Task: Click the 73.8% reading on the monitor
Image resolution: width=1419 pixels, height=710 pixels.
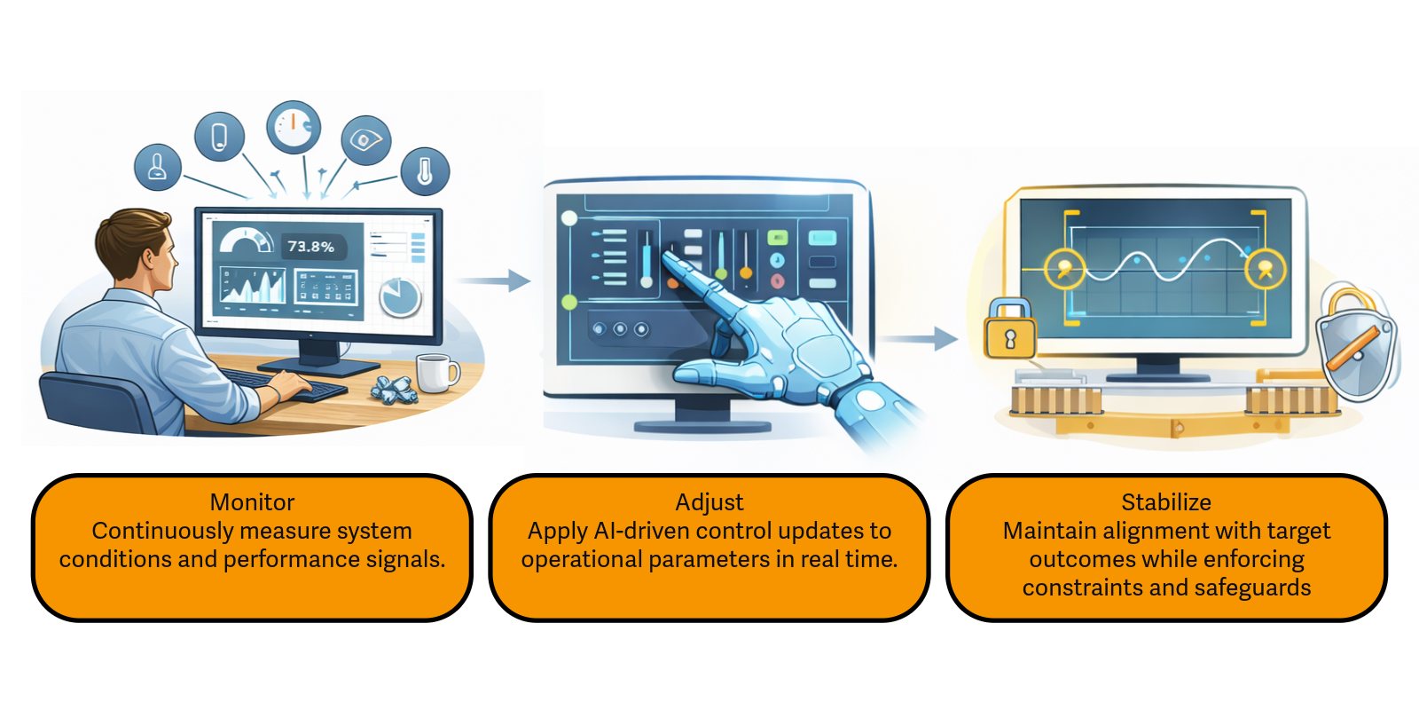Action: [310, 247]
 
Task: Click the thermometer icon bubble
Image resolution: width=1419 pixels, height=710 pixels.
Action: [425, 170]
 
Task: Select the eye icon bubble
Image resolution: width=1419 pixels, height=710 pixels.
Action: [365, 140]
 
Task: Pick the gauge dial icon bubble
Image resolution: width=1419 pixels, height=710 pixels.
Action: [294, 127]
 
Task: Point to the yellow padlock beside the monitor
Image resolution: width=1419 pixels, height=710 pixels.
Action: [1010, 330]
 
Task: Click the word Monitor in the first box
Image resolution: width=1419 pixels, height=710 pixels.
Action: [252, 502]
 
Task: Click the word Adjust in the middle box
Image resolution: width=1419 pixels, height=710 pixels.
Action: [709, 502]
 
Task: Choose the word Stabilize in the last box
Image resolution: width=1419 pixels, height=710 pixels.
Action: [1165, 502]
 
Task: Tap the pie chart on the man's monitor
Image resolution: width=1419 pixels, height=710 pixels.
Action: [400, 297]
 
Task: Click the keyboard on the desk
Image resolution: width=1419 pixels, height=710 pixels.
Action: [293, 385]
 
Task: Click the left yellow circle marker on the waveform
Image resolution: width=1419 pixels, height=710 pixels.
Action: [1064, 268]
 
